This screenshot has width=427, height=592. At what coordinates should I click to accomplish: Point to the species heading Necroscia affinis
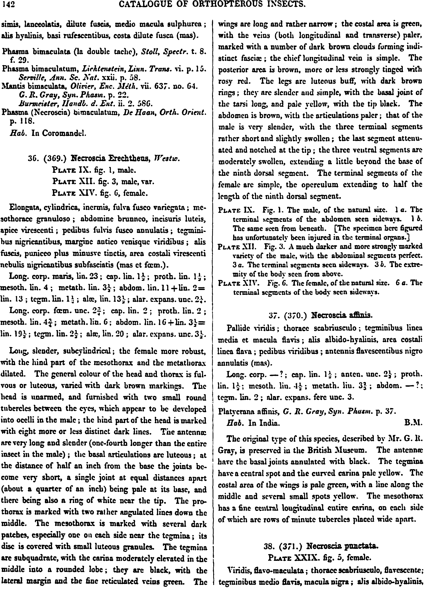(342, 315)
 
